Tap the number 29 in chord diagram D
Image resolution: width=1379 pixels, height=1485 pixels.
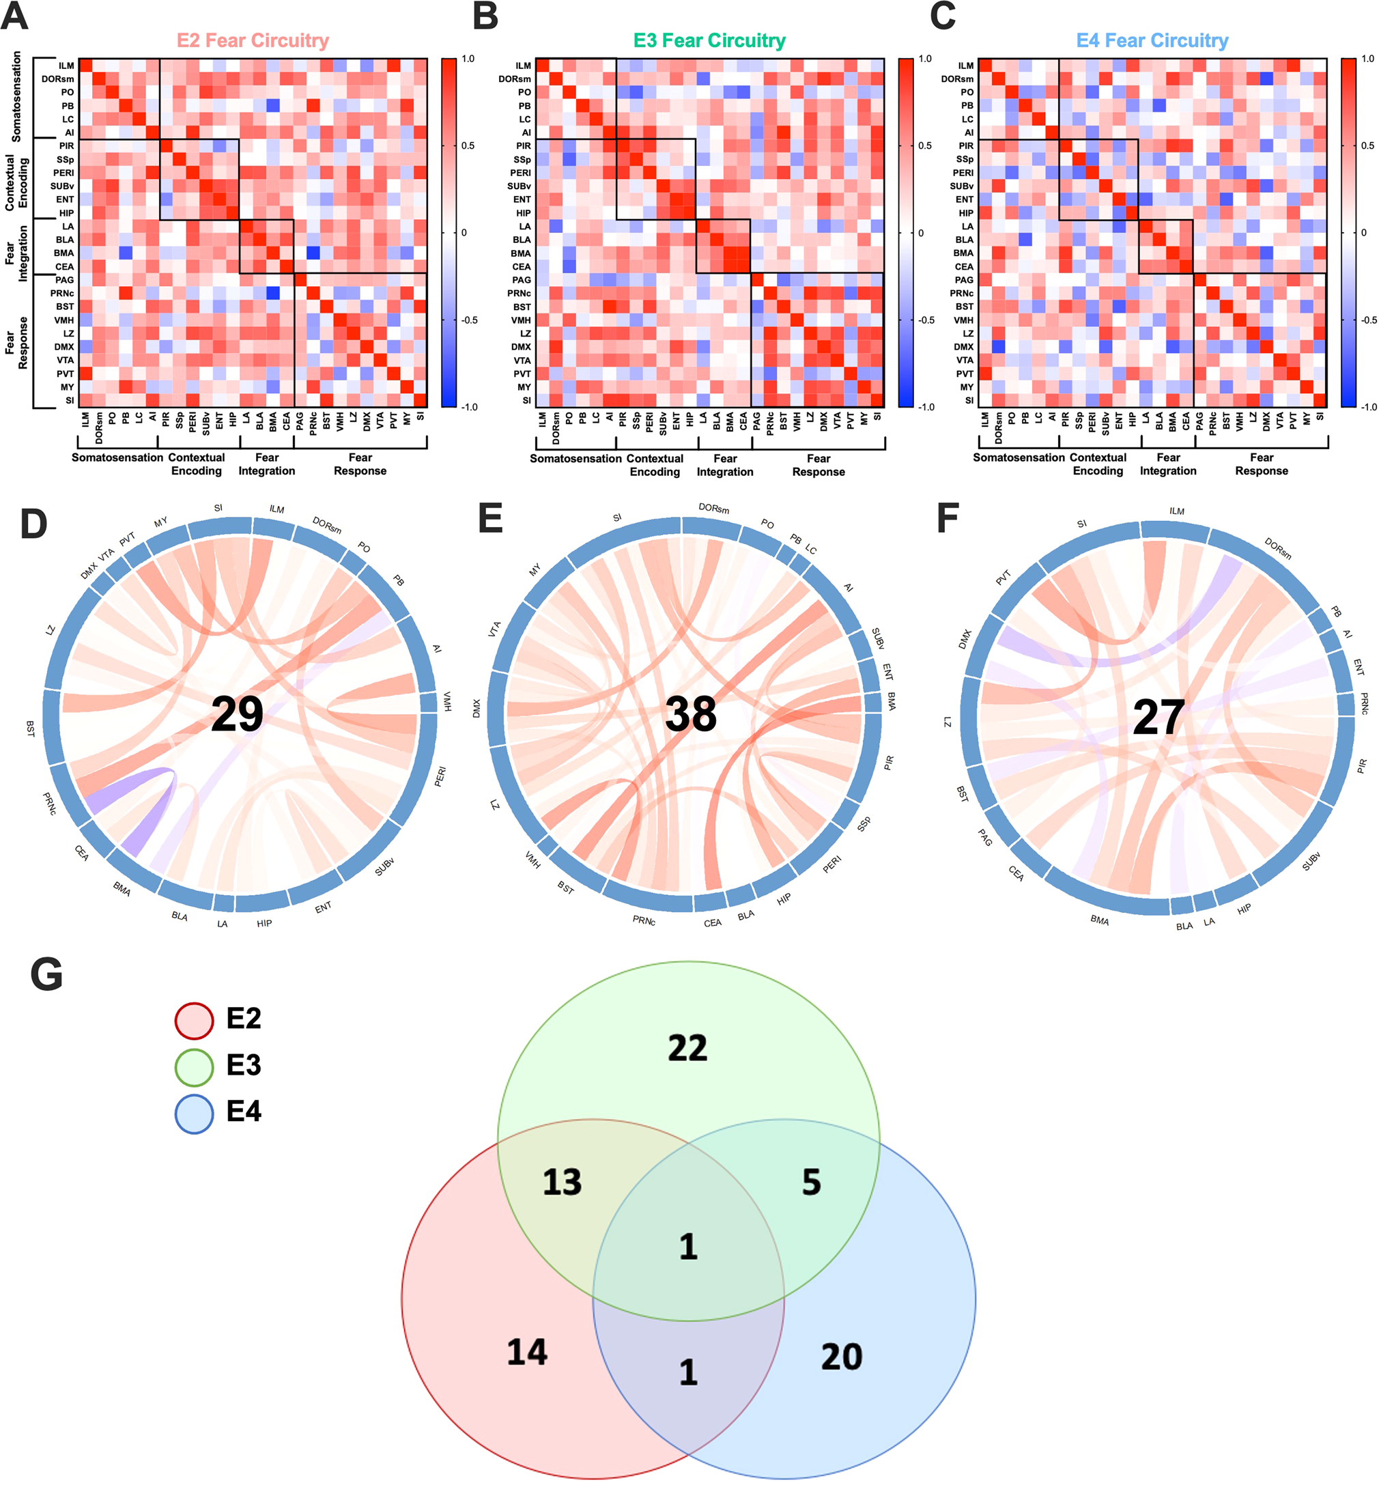pos(237,714)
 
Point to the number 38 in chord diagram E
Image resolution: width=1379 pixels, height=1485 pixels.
pos(690,714)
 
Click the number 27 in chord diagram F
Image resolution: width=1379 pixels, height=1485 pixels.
pos(1157,717)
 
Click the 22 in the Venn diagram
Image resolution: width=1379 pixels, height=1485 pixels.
pos(687,1049)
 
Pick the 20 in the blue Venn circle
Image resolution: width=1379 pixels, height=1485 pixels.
pos(841,1357)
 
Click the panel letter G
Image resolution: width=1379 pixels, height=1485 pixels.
pos(46,974)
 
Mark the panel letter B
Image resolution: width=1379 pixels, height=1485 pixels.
pos(486,16)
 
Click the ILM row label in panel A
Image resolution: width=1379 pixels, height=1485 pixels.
pos(66,66)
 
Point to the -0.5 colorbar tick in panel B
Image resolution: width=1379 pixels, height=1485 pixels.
pos(926,320)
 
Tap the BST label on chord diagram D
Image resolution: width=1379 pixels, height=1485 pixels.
pos(31,729)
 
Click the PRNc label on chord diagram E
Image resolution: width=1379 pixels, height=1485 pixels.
pos(643,920)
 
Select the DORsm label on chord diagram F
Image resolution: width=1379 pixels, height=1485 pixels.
pos(1277,548)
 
